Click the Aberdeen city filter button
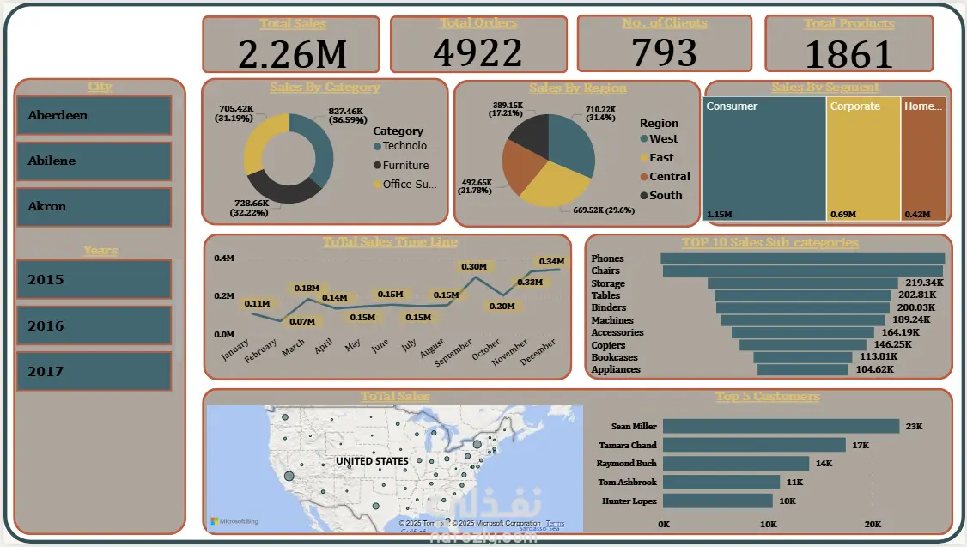(94, 115)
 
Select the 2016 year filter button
(94, 325)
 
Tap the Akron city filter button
(94, 206)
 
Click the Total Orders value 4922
(477, 53)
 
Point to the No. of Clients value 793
(664, 53)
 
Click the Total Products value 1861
(848, 54)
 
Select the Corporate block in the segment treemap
(863, 159)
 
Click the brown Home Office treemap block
(924, 159)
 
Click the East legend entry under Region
(661, 158)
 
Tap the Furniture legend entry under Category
(405, 165)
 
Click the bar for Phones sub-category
(801, 258)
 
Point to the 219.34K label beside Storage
(924, 283)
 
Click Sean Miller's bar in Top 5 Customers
(781, 426)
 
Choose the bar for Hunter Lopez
(718, 501)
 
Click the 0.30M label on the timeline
(474, 267)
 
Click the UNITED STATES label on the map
(372, 461)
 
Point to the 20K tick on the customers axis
(873, 524)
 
